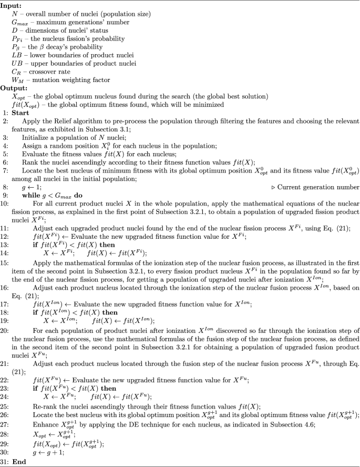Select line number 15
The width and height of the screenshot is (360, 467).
[x=4, y=277]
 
